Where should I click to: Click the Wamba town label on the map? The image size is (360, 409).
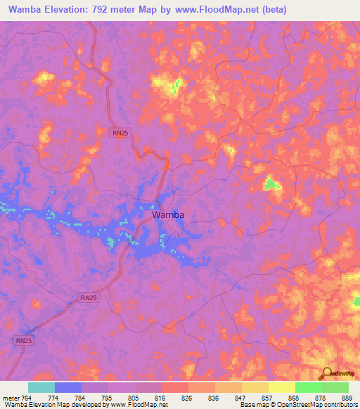pos(168,215)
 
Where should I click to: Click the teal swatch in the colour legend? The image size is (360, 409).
pos(41,387)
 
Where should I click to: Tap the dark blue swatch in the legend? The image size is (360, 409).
pos(68,387)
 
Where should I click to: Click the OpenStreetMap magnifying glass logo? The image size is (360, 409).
pos(326,374)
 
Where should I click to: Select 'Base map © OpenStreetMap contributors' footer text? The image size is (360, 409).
pos(297,405)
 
